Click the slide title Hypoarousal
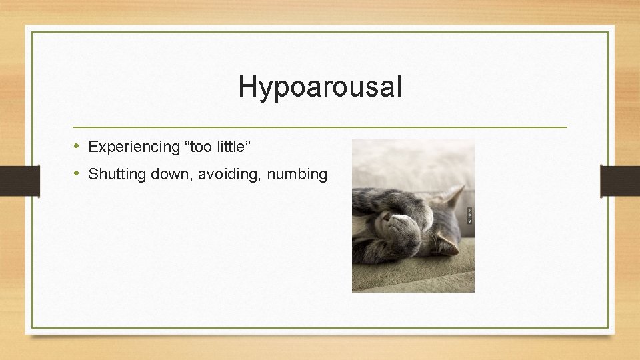(320, 87)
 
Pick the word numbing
(297, 175)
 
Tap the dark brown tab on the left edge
(19, 181)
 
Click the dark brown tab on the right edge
(620, 181)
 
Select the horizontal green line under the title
(320, 127)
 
